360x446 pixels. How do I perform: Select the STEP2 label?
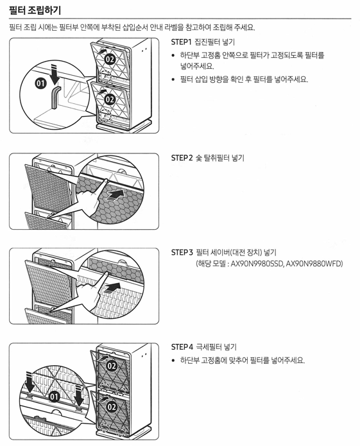tap(182, 157)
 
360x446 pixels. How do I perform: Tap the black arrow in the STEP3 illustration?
tap(113, 286)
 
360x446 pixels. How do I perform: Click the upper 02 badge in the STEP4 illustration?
tap(110, 366)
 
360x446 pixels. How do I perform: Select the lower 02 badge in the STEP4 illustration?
tap(110, 407)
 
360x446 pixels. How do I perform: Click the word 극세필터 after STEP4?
tap(210, 347)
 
